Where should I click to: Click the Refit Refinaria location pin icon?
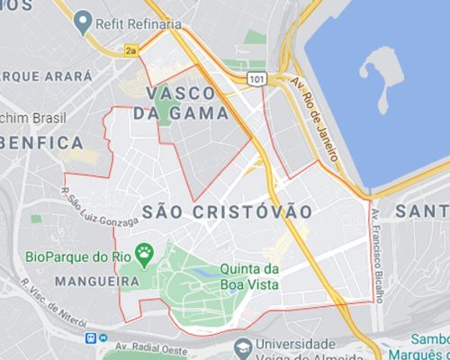tap(84, 17)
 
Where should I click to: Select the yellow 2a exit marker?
tap(130, 52)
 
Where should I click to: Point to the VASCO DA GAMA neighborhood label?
tap(175, 103)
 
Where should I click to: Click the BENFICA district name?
tap(41, 142)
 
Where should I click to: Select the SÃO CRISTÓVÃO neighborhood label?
tap(228, 211)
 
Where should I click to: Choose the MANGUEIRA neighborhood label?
tap(73, 281)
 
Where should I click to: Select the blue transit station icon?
tap(90, 338)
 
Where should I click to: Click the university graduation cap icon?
tap(241, 346)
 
